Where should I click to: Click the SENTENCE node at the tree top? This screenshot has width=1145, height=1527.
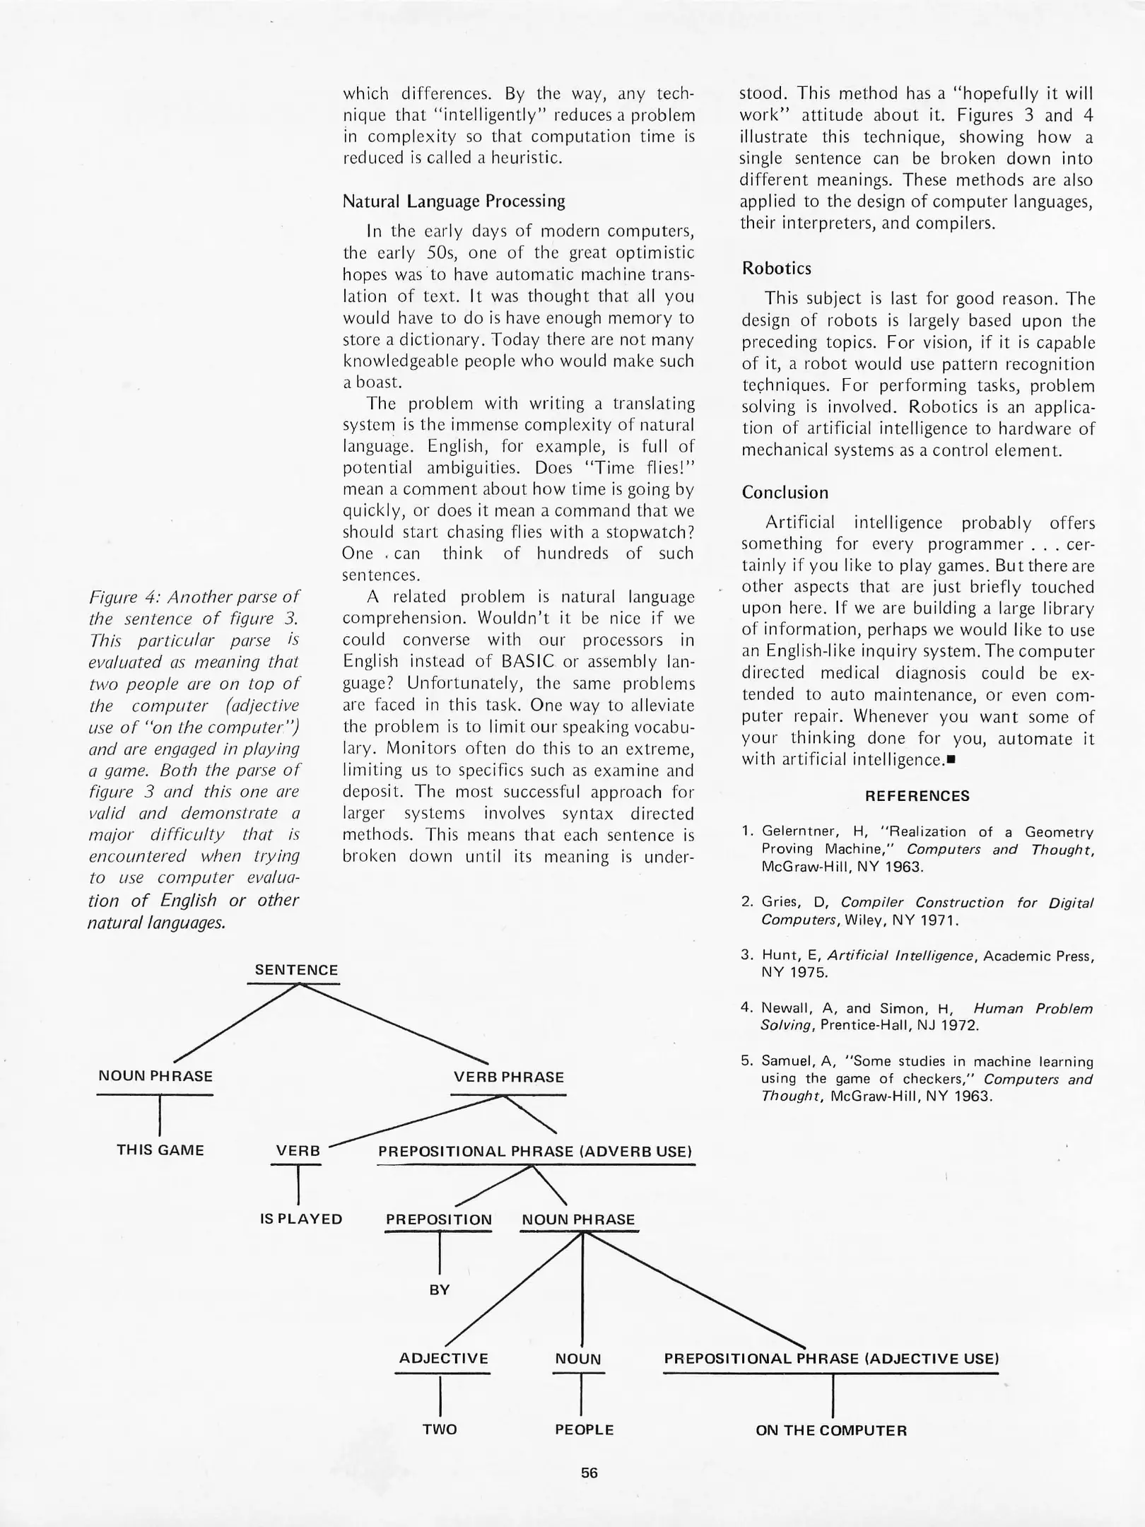(x=296, y=970)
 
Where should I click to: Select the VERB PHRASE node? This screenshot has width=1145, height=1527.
(x=508, y=1077)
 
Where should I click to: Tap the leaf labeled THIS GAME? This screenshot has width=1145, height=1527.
(x=160, y=1150)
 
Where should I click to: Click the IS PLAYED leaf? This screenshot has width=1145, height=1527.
(x=301, y=1219)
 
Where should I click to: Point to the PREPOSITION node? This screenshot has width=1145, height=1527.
(x=438, y=1220)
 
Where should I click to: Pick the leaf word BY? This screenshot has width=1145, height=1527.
(x=439, y=1290)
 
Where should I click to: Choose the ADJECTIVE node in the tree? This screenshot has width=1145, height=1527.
(x=443, y=1359)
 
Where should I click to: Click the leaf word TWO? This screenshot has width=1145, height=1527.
(x=440, y=1429)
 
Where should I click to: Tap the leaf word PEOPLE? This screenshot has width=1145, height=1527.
(x=584, y=1429)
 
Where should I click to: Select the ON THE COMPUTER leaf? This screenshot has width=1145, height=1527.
(x=830, y=1431)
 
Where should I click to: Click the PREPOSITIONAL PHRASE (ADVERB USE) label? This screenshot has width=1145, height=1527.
(x=535, y=1152)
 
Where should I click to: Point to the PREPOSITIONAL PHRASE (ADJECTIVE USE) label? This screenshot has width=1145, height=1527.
(x=831, y=1359)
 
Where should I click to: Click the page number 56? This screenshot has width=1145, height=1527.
(x=589, y=1473)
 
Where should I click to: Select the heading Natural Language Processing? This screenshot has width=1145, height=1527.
(x=454, y=201)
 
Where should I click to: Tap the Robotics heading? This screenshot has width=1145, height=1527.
(x=776, y=269)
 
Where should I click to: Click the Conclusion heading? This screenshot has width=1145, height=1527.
(x=785, y=493)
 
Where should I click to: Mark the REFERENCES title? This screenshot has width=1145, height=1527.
(x=917, y=796)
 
